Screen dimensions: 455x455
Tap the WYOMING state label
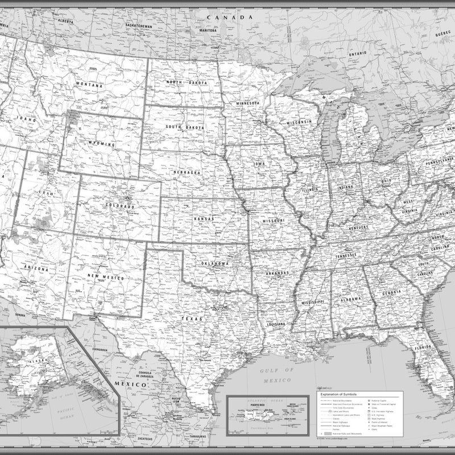(102, 144)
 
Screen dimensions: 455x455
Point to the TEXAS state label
(192, 320)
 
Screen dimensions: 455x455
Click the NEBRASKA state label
(187, 172)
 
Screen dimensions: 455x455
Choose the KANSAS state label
(204, 219)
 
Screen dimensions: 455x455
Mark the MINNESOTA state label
(247, 104)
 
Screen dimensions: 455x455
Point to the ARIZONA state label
(36, 267)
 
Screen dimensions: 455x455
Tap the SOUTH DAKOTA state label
(185, 127)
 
